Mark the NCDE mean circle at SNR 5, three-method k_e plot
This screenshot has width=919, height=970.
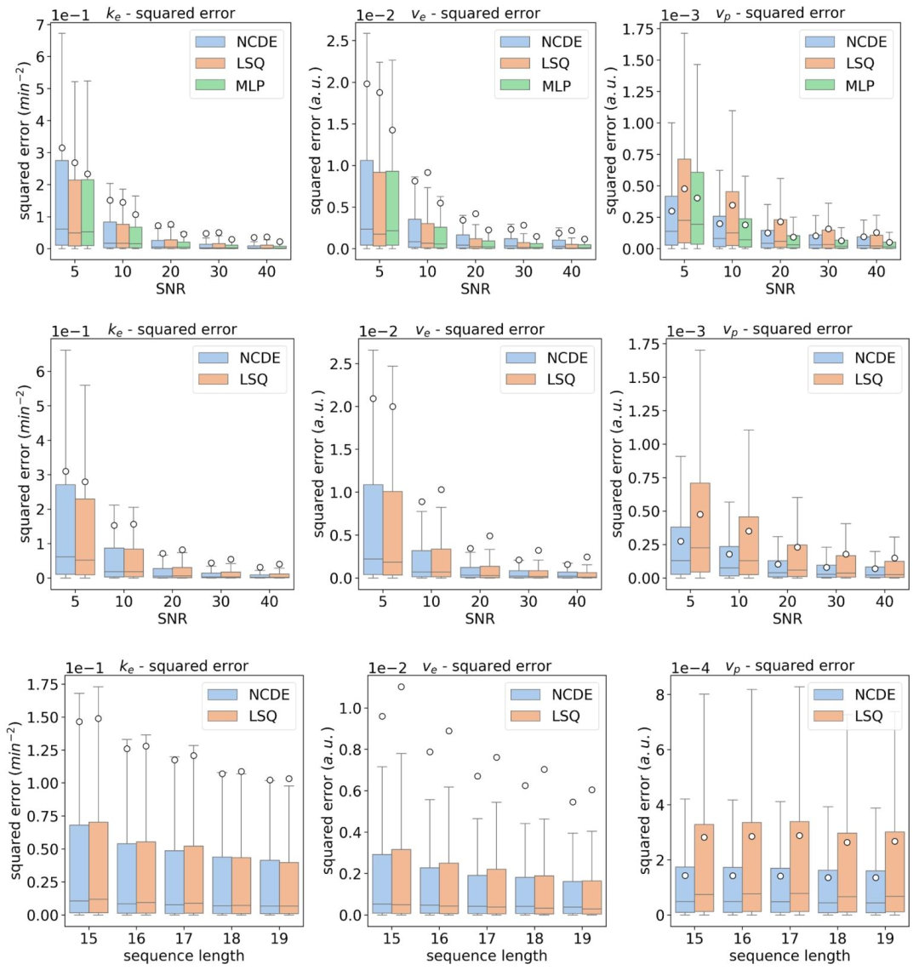61,148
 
